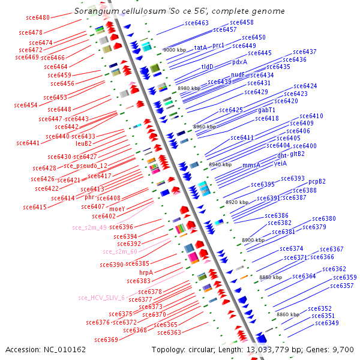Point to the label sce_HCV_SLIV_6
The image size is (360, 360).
pos(101,298)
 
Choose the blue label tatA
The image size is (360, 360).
pos(200,47)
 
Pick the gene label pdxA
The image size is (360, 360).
pos(240,62)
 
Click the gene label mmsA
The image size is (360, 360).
pos(251,165)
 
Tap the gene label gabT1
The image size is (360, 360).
pos(267,110)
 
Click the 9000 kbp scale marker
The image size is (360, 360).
pos(175,50)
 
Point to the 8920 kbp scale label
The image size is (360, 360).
pos(236,203)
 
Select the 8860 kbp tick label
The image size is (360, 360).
pos(287,314)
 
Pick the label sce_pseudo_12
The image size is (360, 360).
pos(86,166)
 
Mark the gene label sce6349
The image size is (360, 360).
pos(327,323)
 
